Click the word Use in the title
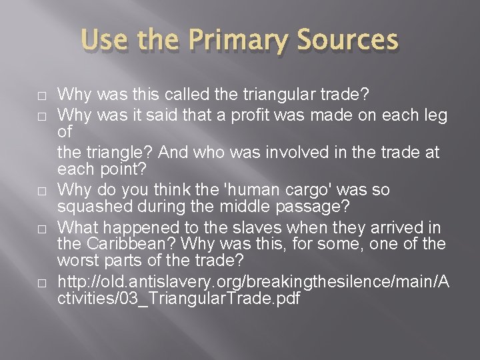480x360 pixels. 103,41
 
